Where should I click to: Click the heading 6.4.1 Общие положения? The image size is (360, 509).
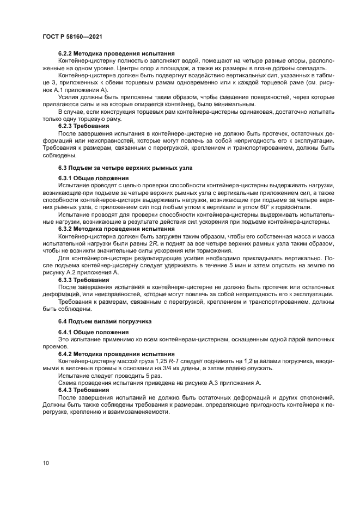[93, 332]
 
